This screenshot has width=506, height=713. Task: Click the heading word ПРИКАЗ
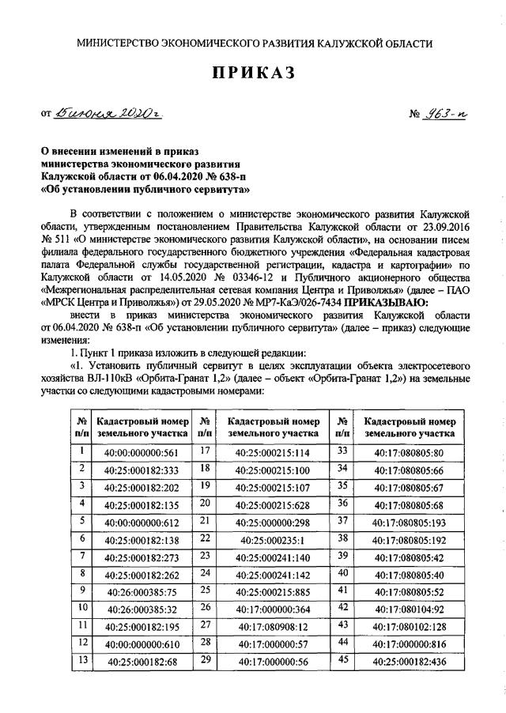tap(254, 74)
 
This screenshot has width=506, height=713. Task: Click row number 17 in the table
tap(205, 451)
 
